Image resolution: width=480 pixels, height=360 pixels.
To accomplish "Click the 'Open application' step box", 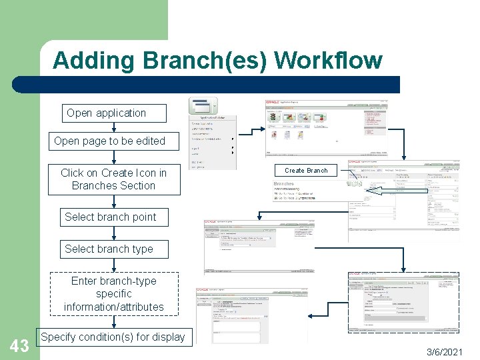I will (x=106, y=113).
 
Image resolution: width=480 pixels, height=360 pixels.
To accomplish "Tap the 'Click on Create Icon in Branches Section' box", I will (x=113, y=179).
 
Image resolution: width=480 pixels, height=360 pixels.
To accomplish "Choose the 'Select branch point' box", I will (x=110, y=217).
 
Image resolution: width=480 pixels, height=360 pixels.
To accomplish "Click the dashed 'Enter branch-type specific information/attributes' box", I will (x=114, y=294).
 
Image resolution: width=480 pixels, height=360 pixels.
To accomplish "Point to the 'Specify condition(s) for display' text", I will (x=113, y=337).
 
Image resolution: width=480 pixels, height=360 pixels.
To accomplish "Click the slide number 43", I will (x=19, y=345).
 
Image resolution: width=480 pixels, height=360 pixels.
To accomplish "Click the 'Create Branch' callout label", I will (x=306, y=171).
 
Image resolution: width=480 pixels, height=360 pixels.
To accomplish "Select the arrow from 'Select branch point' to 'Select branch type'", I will (x=114, y=233).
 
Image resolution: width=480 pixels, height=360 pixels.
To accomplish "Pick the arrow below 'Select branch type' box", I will (x=114, y=265).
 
